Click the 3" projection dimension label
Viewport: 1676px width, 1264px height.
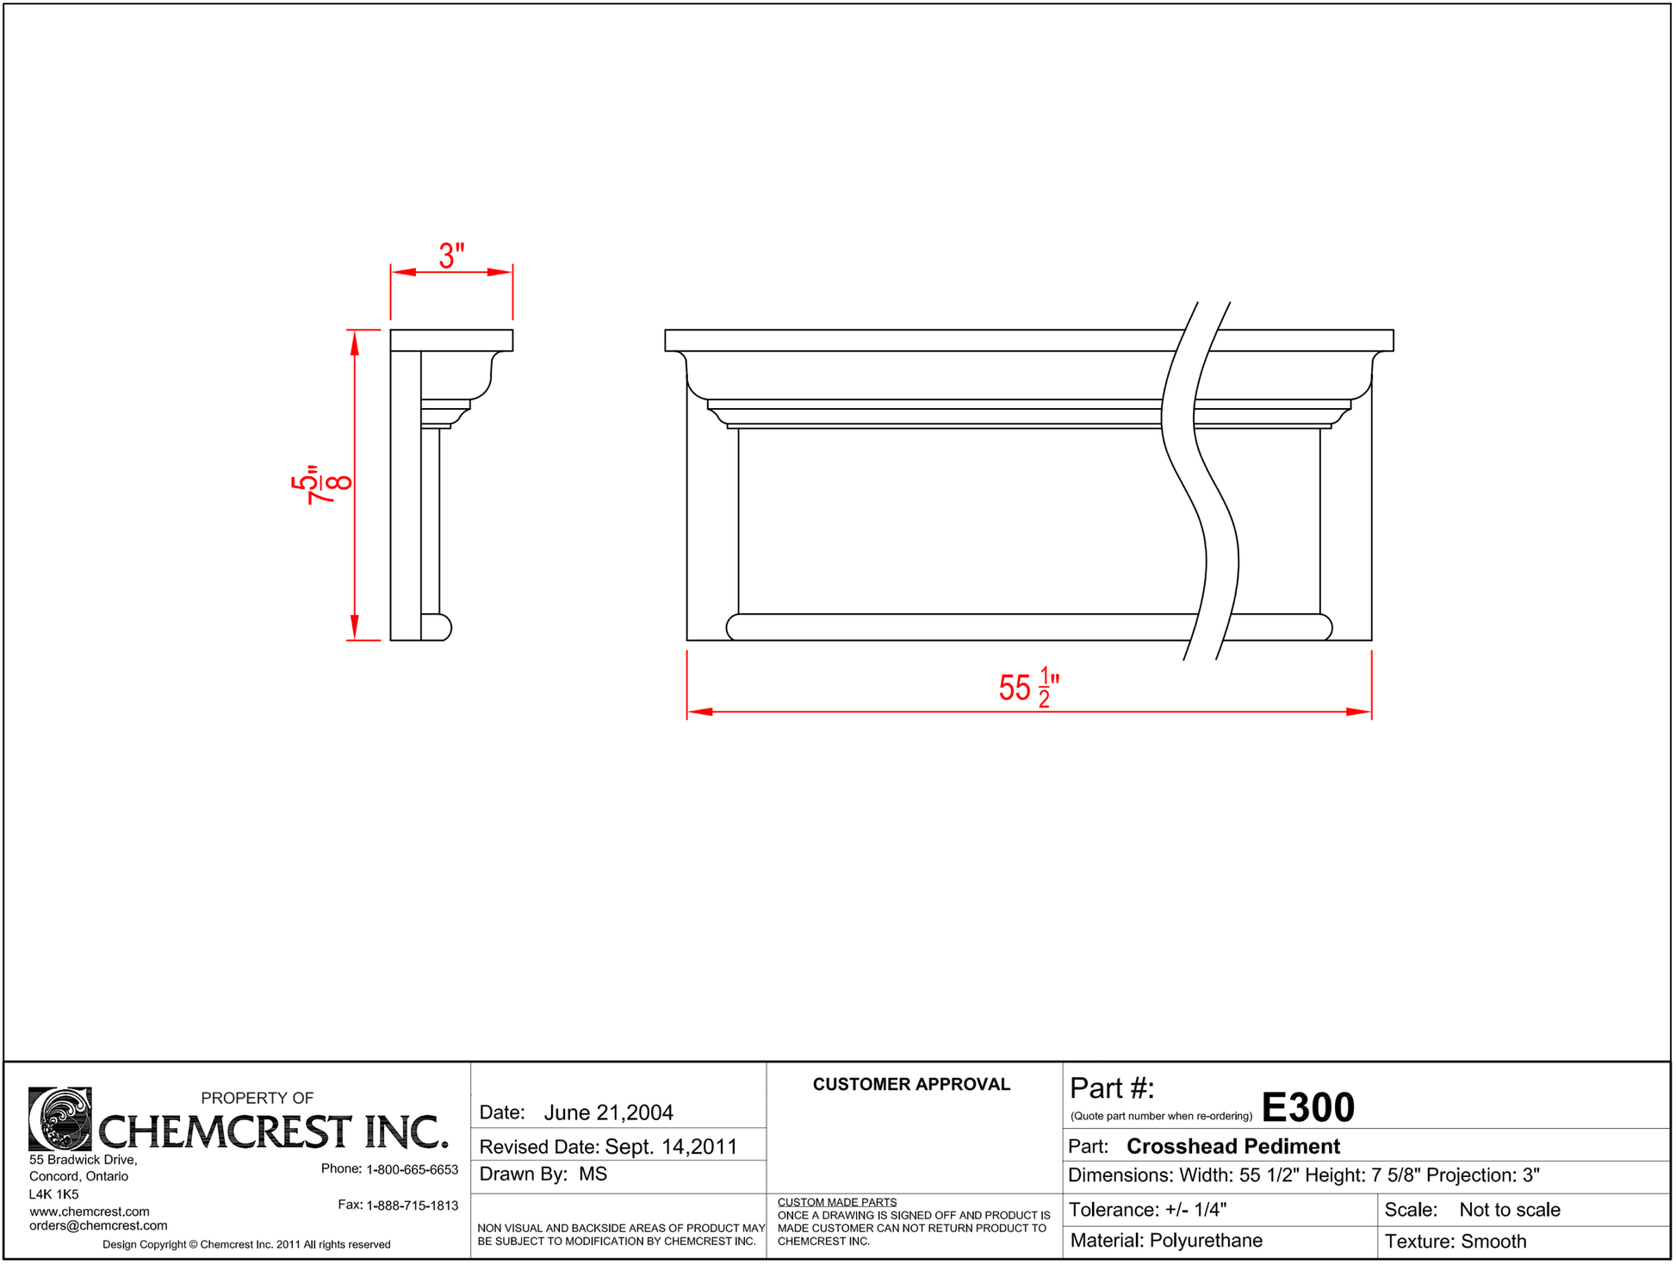[x=451, y=256]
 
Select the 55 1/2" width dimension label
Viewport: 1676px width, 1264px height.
[x=1029, y=687]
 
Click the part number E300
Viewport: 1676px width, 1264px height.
[x=1307, y=1108]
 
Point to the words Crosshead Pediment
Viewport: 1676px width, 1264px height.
[x=1233, y=1147]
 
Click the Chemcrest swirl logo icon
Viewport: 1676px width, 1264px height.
[x=60, y=1119]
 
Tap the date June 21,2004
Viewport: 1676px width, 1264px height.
[x=608, y=1113]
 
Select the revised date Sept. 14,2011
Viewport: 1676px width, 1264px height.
[x=671, y=1147]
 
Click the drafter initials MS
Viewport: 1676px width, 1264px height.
[x=593, y=1174]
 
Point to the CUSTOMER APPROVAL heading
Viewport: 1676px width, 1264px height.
[x=911, y=1085]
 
